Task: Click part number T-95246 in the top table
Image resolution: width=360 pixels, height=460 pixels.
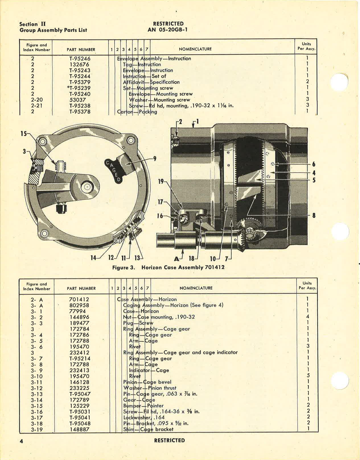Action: (80, 59)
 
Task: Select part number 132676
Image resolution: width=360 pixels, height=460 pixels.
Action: (80, 65)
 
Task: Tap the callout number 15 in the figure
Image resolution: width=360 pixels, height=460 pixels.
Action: (23, 133)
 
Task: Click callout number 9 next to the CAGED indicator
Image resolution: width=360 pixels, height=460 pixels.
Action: (155, 158)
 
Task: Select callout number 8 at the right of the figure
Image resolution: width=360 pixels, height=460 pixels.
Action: (314, 215)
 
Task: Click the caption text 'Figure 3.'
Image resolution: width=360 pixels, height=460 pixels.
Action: (124, 267)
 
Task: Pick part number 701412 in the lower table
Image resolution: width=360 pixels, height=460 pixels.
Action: (79, 299)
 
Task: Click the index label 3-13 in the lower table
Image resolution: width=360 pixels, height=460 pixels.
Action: (37, 394)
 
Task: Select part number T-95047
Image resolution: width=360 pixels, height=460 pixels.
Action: (80, 394)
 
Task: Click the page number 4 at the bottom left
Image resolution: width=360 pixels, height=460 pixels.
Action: (21, 441)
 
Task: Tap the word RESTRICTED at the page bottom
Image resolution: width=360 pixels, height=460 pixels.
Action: (169, 440)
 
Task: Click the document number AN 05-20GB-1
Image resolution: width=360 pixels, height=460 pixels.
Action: (168, 30)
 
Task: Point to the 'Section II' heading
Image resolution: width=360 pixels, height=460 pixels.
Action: (32, 24)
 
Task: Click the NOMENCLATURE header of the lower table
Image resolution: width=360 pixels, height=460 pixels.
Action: (196, 288)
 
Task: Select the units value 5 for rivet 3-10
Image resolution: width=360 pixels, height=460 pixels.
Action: (308, 376)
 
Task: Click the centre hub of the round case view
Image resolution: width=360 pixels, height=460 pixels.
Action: (86, 187)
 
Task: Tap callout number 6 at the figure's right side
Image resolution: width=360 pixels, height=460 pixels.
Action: (314, 164)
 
